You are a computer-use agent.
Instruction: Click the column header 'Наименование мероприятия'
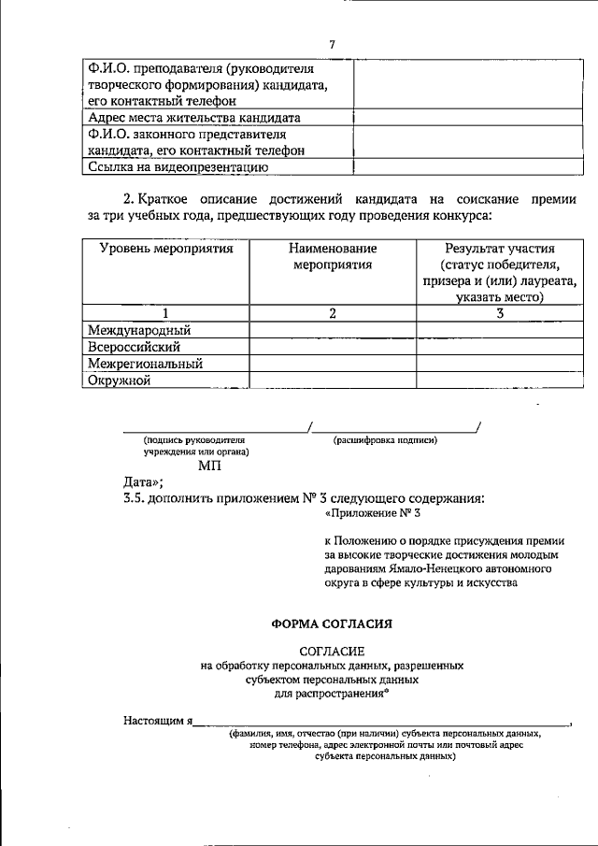[333, 256]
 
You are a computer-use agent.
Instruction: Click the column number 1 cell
[165, 313]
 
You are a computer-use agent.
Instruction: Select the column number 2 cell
[333, 313]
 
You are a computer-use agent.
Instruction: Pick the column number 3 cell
[500, 313]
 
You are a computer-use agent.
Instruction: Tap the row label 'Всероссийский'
[134, 347]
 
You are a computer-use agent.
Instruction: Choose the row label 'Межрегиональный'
[145, 364]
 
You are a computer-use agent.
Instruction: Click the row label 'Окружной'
[119, 380]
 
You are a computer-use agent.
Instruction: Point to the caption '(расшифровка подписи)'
[385, 439]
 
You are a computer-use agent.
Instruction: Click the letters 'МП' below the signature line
[208, 466]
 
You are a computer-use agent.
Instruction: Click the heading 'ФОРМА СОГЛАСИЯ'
[332, 622]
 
